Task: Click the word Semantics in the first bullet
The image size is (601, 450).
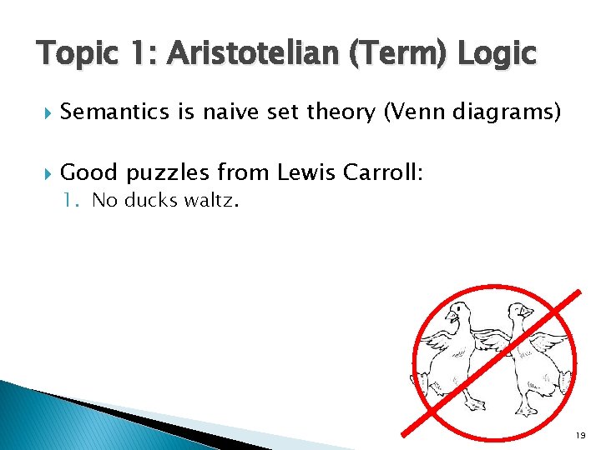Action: (117, 112)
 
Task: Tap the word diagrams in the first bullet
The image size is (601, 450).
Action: (513, 112)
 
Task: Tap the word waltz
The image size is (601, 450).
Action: (213, 201)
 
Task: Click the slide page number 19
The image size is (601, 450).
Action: (581, 437)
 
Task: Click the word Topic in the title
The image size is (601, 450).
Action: (73, 54)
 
